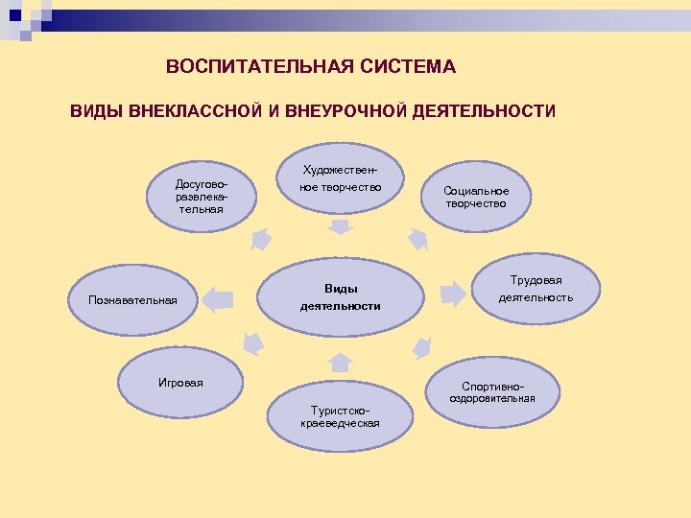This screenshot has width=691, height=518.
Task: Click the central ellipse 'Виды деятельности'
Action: (x=340, y=296)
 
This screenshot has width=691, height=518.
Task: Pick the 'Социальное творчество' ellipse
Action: (x=475, y=197)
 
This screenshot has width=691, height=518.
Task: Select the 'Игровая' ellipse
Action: (x=181, y=383)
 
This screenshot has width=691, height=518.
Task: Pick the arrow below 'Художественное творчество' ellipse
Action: (x=340, y=227)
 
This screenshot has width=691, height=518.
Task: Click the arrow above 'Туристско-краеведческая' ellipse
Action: (x=339, y=362)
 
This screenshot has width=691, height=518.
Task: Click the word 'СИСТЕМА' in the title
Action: (x=410, y=67)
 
